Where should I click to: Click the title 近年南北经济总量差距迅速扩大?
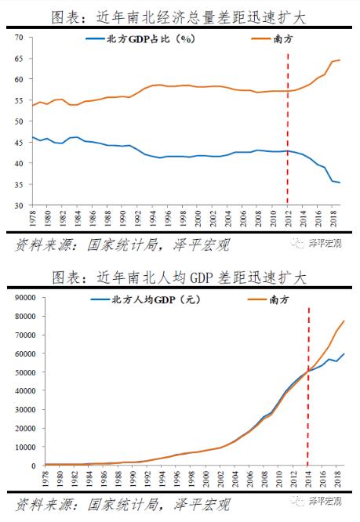coord(203,16)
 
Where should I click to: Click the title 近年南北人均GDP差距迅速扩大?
coord(203,277)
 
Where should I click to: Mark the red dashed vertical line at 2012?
coord(288,125)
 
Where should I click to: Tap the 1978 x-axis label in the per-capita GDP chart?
coord(32,477)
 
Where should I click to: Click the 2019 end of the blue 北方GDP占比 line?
coord(339,183)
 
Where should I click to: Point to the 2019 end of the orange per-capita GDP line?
coord(344,321)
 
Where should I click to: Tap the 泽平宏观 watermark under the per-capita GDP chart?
coord(322,502)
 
